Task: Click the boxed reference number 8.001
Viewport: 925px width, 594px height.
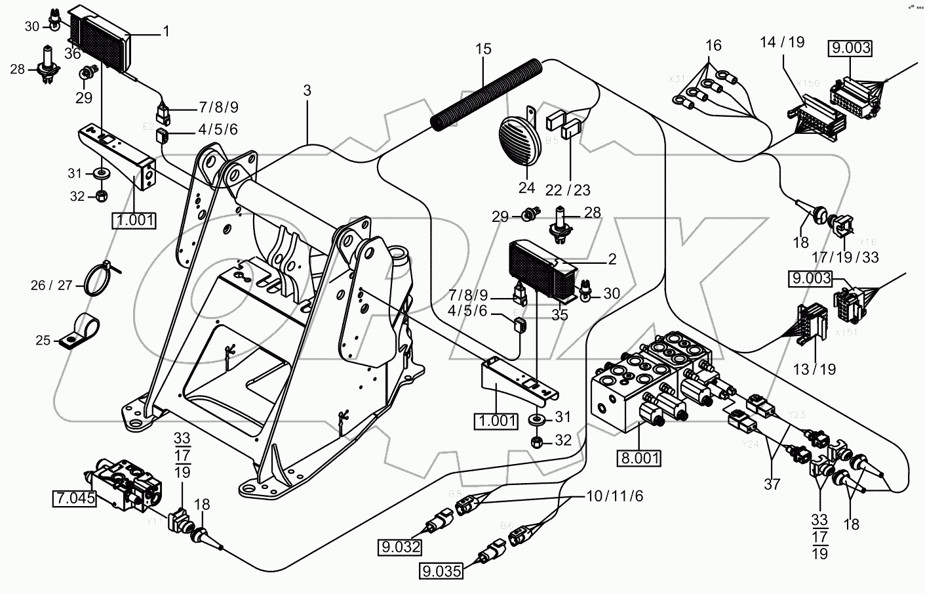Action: tap(638, 457)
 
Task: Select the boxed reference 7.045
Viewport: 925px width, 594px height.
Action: tap(74, 499)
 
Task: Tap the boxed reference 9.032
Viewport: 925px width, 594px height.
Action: tap(399, 546)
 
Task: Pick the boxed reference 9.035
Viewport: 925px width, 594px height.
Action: tap(441, 570)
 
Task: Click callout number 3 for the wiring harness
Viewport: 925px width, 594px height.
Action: tap(307, 91)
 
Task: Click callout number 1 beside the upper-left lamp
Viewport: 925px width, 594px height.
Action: tap(166, 30)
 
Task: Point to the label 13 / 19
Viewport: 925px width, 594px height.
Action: tap(814, 369)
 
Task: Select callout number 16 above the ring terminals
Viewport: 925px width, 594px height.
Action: tap(713, 45)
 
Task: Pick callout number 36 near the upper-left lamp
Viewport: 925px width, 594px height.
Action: tap(72, 54)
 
